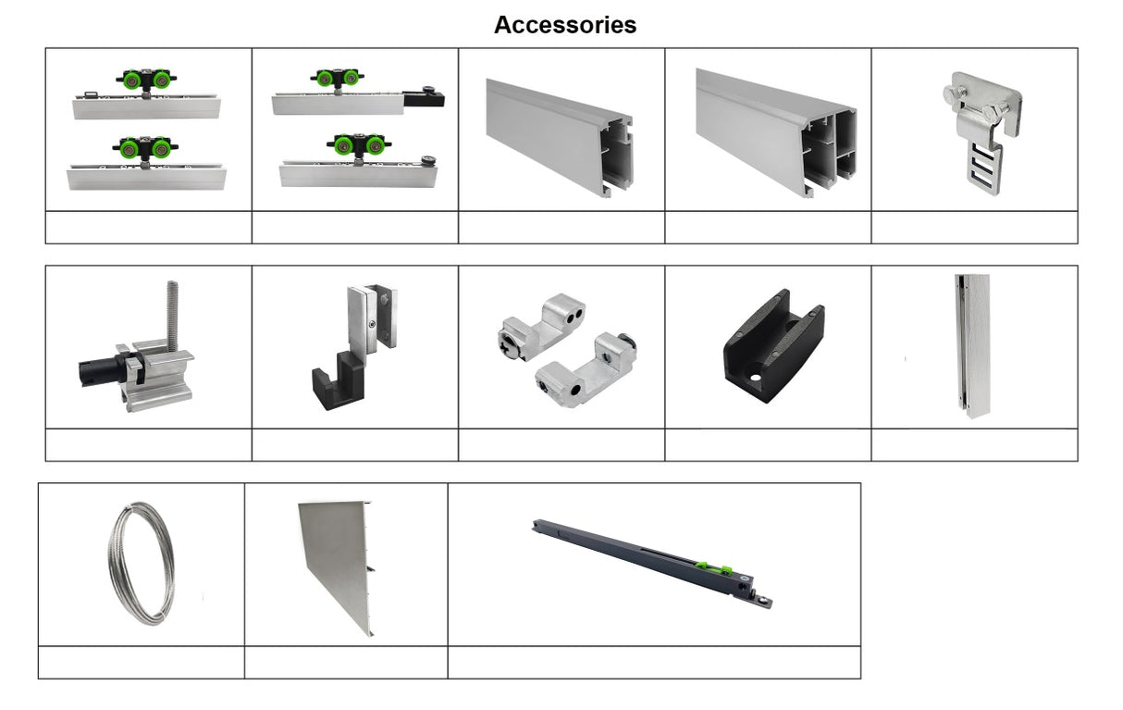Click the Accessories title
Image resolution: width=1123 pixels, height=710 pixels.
[565, 25]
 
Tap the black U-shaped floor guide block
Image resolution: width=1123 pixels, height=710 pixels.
[773, 345]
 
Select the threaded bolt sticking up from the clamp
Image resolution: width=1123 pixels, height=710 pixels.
[172, 315]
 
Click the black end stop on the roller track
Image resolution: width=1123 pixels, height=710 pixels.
[425, 97]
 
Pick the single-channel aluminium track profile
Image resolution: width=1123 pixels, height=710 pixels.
[560, 138]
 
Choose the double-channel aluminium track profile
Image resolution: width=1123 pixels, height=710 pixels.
[776, 132]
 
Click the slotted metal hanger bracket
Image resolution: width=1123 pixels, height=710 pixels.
[981, 132]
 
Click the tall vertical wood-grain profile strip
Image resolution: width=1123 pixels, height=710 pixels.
[972, 345]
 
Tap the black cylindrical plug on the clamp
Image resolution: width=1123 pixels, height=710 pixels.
[100, 369]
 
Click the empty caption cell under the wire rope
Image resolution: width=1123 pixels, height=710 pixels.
[142, 663]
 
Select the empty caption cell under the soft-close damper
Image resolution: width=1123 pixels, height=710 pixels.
[654, 663]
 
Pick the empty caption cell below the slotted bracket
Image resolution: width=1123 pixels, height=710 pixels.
[975, 228]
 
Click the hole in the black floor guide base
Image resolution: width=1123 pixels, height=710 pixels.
[755, 378]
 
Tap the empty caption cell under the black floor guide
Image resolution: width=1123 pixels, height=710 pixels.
[768, 445]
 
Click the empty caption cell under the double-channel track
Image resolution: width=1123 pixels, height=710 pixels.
[768, 228]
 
